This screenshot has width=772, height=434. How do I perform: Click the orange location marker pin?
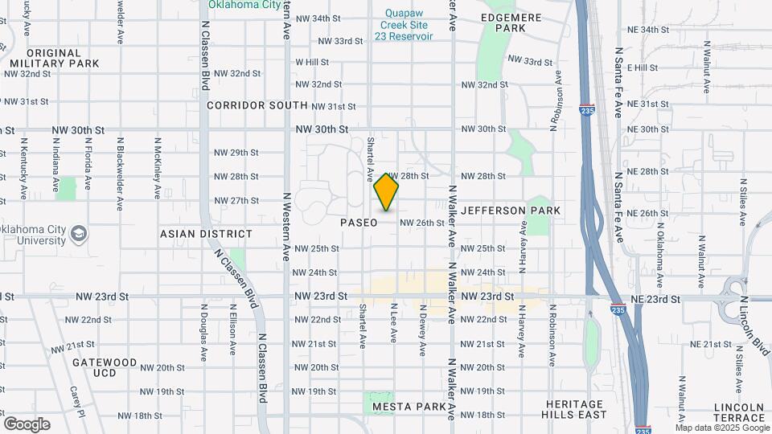coord(386,193)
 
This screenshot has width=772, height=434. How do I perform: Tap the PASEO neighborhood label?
coord(359,223)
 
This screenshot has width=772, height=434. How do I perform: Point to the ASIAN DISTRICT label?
coord(206,234)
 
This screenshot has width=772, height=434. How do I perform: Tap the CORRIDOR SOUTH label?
coord(257,105)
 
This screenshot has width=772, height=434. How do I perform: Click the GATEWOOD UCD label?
coord(105,368)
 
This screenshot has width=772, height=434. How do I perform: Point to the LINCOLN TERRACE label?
coord(738,412)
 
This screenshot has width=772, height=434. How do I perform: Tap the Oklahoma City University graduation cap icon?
coord(79,234)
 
